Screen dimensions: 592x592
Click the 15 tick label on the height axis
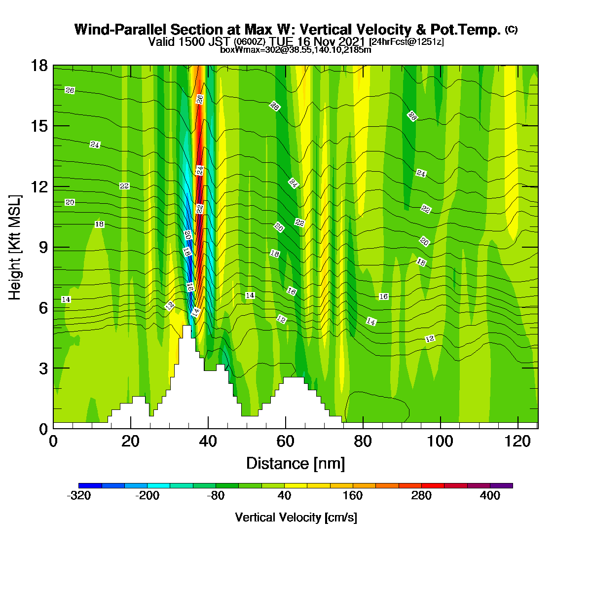[39, 126]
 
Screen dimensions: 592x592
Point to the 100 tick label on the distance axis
[440, 442]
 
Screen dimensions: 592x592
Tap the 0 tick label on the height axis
[43, 429]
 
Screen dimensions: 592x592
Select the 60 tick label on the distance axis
[286, 442]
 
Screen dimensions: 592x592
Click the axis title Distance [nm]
[296, 463]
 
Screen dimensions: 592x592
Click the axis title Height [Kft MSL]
[15, 247]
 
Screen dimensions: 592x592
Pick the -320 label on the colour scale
[79, 495]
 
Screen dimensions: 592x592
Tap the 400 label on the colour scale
[490, 495]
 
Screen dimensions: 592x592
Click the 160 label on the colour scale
[353, 495]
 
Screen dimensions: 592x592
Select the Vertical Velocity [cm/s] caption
[296, 518]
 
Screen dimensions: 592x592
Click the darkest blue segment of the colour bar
[90, 485]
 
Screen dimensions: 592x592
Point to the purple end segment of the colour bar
[501, 485]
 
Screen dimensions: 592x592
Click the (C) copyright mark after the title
[511, 30]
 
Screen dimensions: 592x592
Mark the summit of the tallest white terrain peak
[187, 325]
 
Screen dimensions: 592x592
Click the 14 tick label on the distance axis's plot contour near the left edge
[66, 299]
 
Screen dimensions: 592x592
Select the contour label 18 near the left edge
[99, 224]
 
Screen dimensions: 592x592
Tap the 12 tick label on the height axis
[39, 186]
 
